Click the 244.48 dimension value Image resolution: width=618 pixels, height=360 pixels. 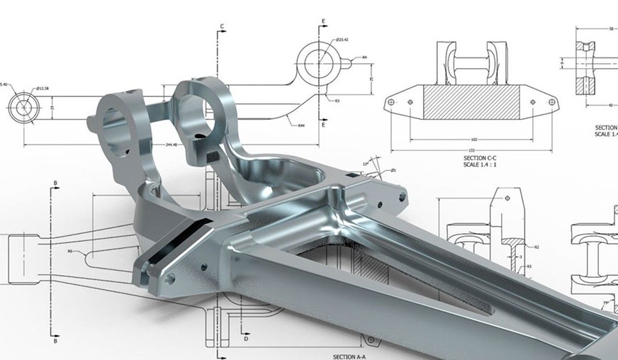pyautogui.click(x=170, y=145)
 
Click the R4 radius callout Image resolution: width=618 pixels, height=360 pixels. pyautogui.click(x=364, y=57)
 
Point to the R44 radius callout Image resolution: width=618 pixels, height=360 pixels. pyautogui.click(x=300, y=125)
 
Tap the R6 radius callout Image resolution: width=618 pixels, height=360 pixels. pyautogui.click(x=70, y=251)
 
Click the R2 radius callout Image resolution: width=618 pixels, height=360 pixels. pyautogui.click(x=537, y=247)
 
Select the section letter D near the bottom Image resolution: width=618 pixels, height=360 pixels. pyautogui.click(x=246, y=339)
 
